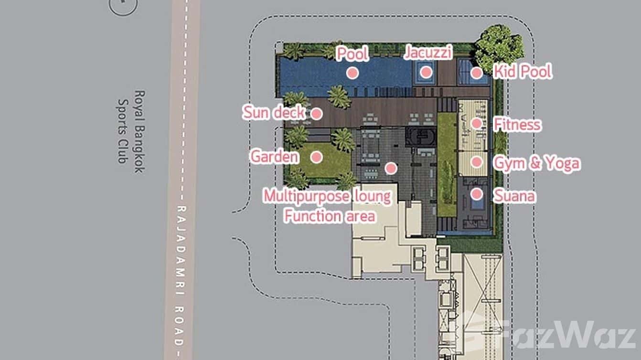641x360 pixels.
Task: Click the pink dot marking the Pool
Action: [x=353, y=73]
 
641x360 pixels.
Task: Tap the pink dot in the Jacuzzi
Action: [x=426, y=72]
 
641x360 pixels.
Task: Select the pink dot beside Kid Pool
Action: [x=477, y=73]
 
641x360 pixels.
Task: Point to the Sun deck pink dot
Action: [x=317, y=114]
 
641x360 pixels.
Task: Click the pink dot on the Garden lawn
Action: [x=317, y=157]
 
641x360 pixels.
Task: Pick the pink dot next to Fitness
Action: [x=477, y=124]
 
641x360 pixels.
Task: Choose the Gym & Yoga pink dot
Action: [x=477, y=162]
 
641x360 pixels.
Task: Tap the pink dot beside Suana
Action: [x=477, y=194]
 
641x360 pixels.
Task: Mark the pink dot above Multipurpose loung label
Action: [x=391, y=169]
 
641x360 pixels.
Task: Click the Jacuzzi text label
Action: [x=428, y=53]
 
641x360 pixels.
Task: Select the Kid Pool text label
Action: [x=523, y=72]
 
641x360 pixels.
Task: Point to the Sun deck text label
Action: [x=274, y=112]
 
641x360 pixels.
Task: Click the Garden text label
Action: [x=275, y=157]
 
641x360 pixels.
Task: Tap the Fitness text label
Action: [x=517, y=125]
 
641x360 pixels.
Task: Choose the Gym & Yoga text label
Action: [x=537, y=163]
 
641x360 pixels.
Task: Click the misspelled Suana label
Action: [x=514, y=196]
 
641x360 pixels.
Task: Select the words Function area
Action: [x=330, y=216]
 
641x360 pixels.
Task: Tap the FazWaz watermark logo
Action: [x=545, y=335]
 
